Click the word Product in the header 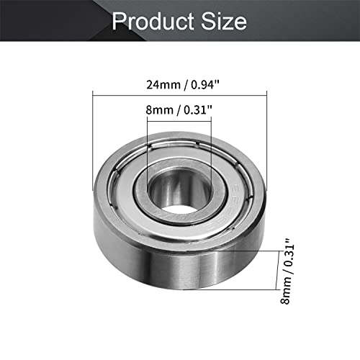tap(153, 21)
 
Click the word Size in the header tap(224, 21)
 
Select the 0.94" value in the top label tap(206, 85)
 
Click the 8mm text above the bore tap(159, 110)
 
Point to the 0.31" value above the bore tap(198, 110)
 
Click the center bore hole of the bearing tap(179, 192)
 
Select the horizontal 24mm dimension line tap(180, 96)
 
